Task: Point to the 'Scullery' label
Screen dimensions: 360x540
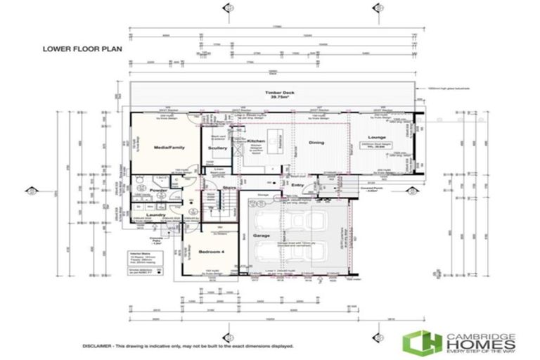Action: [218, 148]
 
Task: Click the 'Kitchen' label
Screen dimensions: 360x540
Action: [256, 141]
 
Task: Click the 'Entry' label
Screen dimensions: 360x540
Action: [297, 185]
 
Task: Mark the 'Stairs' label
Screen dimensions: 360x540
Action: [229, 188]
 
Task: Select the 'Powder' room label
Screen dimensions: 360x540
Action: [158, 190]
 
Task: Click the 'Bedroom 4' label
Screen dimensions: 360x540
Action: [211, 251]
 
